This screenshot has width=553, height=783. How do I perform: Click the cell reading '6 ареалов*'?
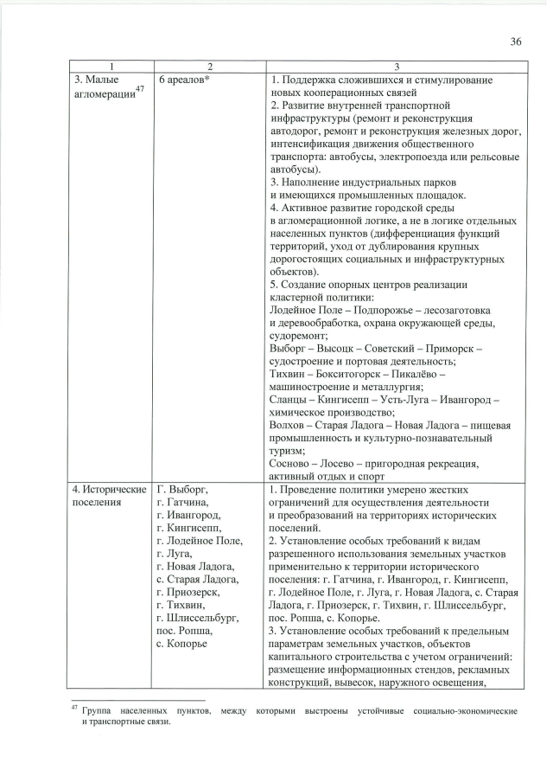tap(185, 80)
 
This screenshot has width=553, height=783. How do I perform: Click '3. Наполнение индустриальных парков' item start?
tap(355, 183)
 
